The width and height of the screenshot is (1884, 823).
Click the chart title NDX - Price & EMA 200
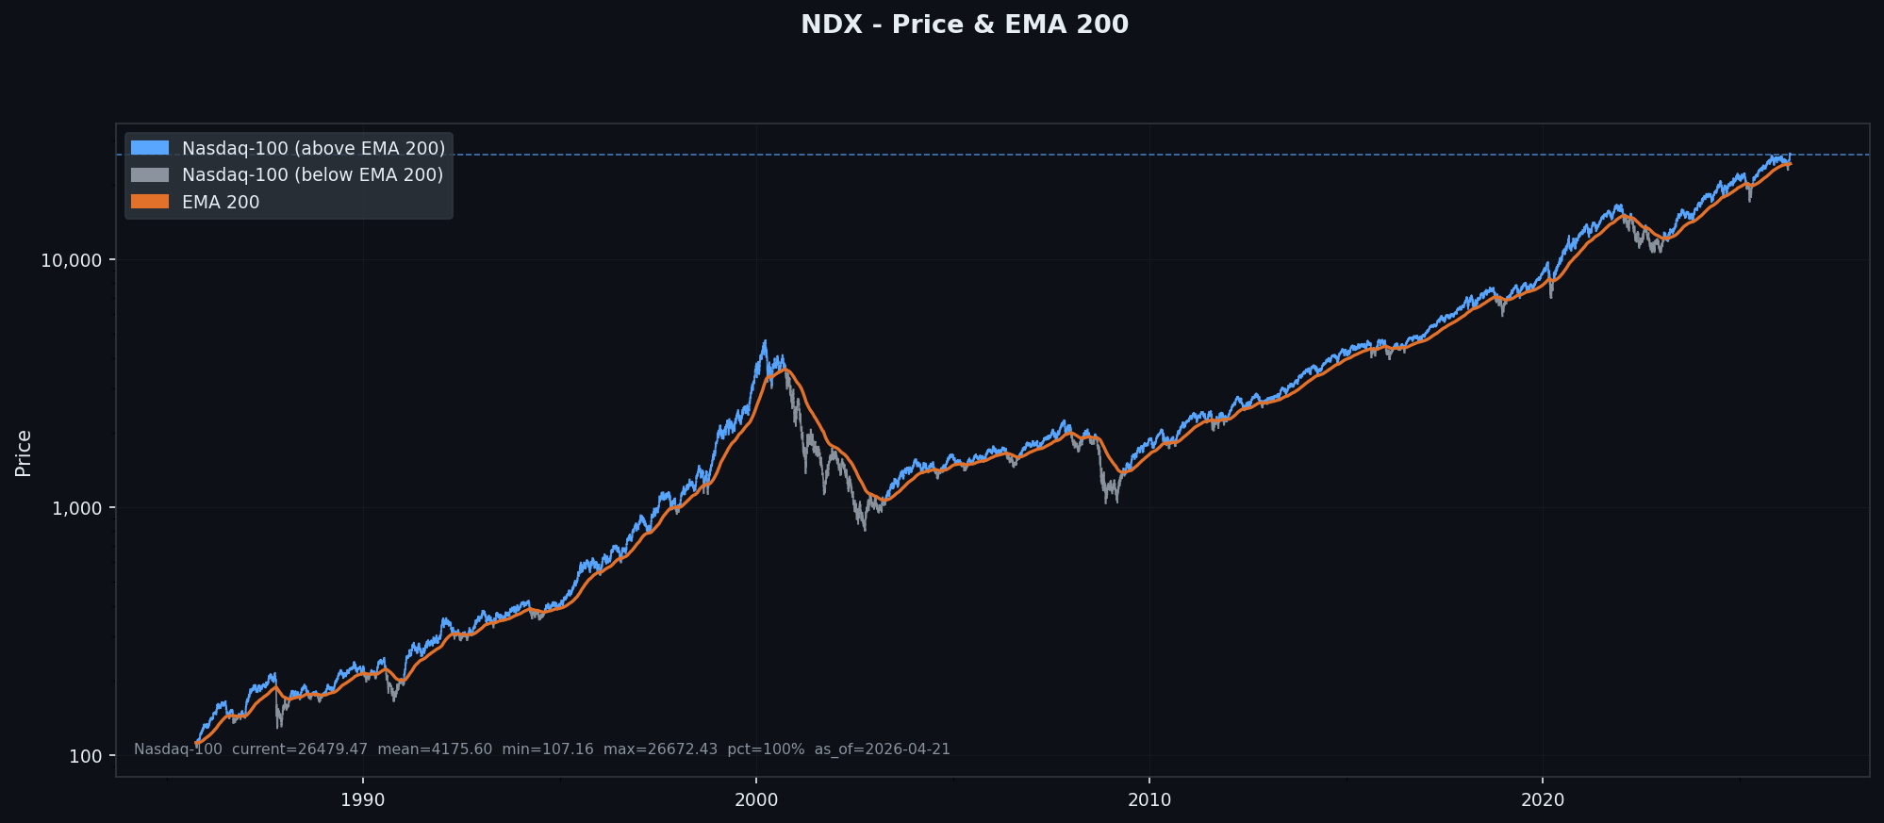[964, 25]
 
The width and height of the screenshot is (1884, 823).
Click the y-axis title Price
[24, 453]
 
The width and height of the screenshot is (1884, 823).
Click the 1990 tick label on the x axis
[362, 800]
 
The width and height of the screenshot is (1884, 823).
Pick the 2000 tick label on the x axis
[755, 800]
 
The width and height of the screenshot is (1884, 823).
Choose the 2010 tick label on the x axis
[1149, 800]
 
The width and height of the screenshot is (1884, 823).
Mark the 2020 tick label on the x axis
[1542, 800]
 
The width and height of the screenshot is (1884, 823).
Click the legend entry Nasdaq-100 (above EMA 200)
[313, 148]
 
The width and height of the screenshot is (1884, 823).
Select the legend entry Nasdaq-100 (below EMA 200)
[312, 174]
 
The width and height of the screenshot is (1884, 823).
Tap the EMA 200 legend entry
[221, 202]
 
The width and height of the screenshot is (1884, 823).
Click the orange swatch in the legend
[150, 202]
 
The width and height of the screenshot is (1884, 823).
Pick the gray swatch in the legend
[150, 174]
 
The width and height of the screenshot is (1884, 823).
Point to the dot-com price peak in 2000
[765, 341]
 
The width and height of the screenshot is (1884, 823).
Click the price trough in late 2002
[865, 529]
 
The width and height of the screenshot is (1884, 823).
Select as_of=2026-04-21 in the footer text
[882, 749]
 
